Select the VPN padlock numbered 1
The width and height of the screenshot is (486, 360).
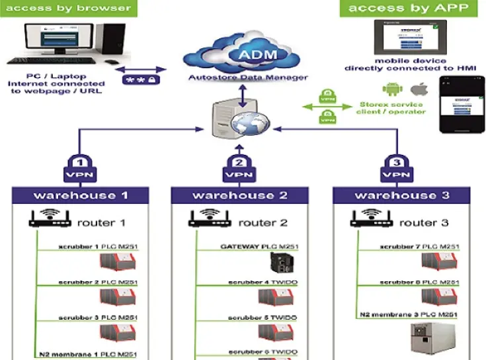pos(78,168)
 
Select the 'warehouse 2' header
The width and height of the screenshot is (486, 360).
pos(241,195)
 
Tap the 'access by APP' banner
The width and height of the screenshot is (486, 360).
pos(410,9)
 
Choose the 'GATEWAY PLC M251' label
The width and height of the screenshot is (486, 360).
pos(259,247)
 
